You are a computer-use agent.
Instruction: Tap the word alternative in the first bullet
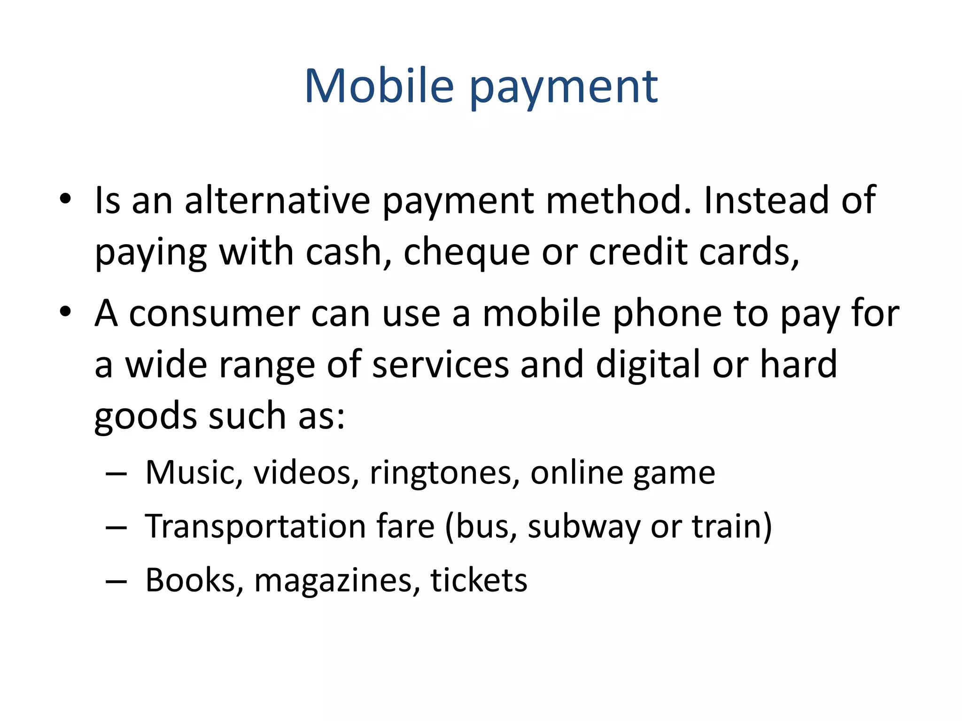tap(277, 200)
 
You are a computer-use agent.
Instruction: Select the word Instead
tap(766, 200)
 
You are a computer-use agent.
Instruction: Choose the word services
tap(441, 365)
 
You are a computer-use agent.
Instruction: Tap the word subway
tap(583, 527)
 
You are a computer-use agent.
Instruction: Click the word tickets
tap(479, 580)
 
